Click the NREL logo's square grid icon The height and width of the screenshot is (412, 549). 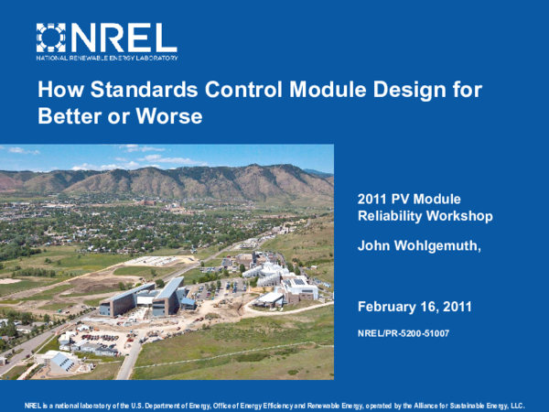[x=52, y=38]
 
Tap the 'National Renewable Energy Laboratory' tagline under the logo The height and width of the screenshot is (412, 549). [x=107, y=58]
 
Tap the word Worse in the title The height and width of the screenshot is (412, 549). [x=167, y=117]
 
